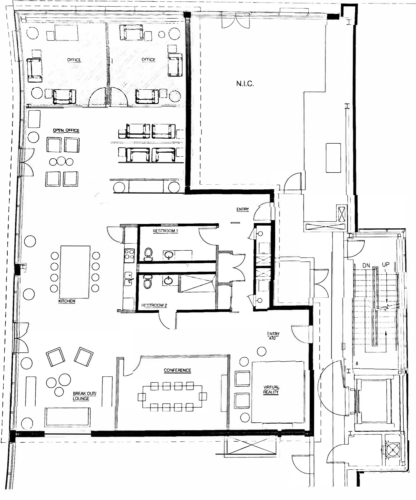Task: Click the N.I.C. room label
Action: [x=245, y=84]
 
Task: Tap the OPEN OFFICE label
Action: [x=66, y=130]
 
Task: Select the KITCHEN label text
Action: [x=67, y=301]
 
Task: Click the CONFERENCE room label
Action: [x=178, y=370]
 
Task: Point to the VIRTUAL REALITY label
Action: [x=271, y=390]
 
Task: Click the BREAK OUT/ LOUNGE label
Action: [x=85, y=396]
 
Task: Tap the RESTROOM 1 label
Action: [x=166, y=231]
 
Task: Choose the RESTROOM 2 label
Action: [x=154, y=305]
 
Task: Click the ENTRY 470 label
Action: [x=273, y=336]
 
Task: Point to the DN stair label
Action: [x=366, y=265]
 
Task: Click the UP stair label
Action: [x=386, y=265]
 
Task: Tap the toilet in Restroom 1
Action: [x=149, y=254]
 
